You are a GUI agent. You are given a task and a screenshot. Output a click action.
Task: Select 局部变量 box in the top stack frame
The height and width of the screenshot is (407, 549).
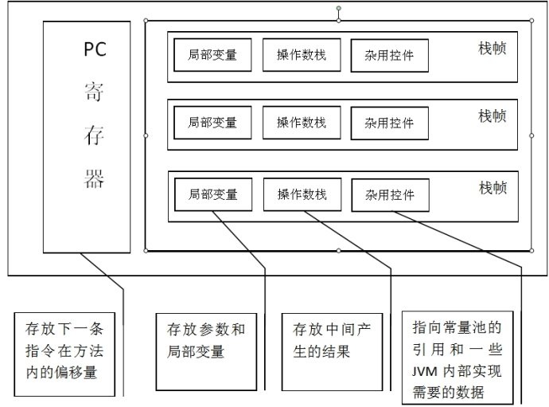(x=212, y=56)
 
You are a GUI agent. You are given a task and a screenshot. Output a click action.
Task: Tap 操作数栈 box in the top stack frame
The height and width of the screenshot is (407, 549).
(x=301, y=56)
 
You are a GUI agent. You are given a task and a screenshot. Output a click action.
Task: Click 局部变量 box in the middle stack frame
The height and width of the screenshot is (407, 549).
(x=212, y=123)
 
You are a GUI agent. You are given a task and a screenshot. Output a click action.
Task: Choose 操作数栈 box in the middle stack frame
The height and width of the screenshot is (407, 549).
(x=301, y=123)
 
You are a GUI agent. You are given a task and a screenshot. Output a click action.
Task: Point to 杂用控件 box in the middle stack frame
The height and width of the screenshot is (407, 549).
(x=389, y=123)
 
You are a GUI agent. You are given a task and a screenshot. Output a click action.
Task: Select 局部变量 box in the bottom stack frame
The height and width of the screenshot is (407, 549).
(x=212, y=194)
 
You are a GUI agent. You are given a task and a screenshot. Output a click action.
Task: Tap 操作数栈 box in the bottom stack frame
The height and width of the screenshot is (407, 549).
(x=302, y=194)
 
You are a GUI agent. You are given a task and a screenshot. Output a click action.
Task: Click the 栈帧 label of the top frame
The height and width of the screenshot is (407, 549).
(x=493, y=49)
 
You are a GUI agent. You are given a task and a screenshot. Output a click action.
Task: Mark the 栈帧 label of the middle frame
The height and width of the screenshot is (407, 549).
(x=493, y=116)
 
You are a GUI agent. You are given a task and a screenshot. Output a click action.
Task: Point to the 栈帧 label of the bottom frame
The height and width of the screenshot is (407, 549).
(x=493, y=187)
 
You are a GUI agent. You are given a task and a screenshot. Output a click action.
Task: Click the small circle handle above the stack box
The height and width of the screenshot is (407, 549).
(x=338, y=10)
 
